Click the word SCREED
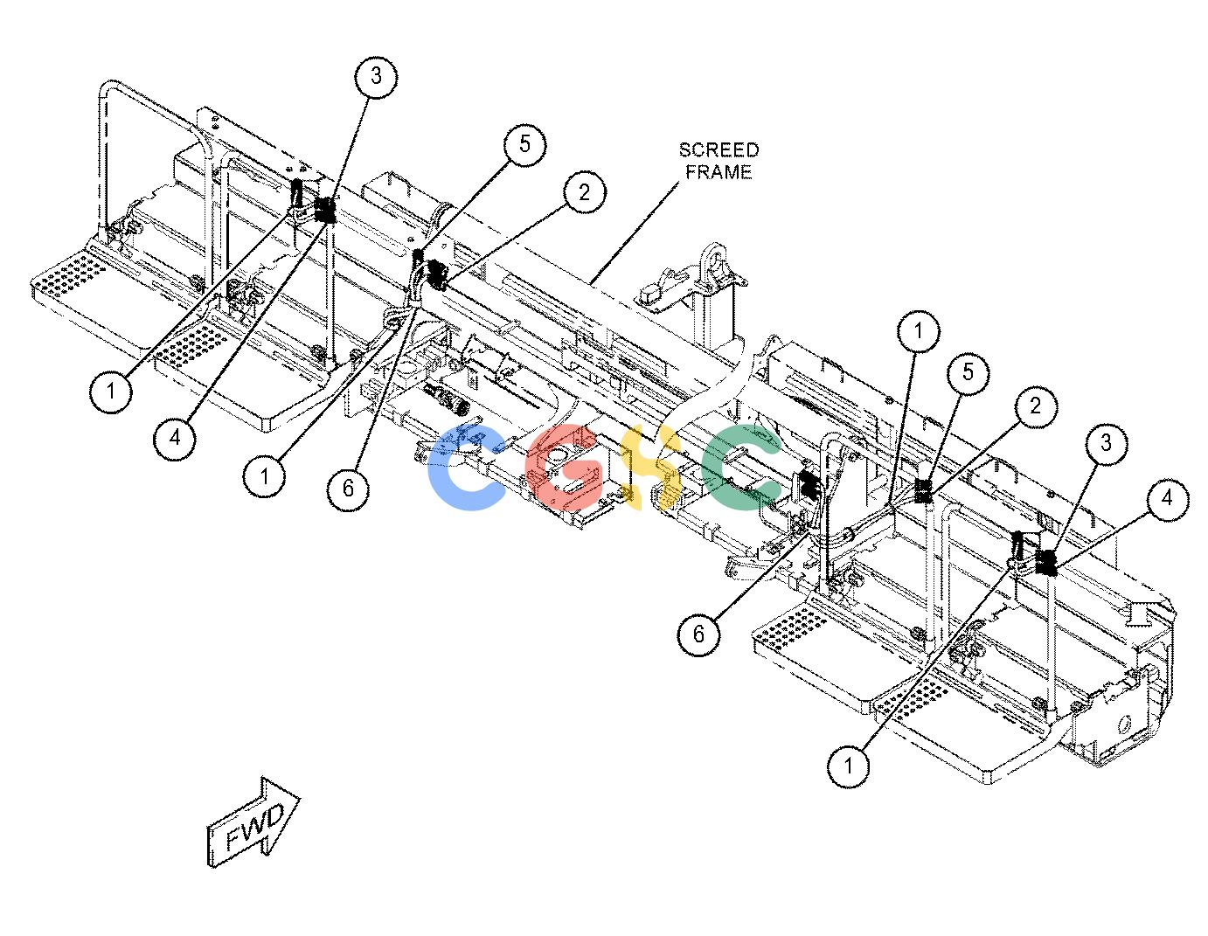(719, 150)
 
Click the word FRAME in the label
(719, 172)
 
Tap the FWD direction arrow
(253, 823)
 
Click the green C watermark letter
(742, 467)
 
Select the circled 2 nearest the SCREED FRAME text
(584, 192)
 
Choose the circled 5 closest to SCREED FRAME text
(524, 144)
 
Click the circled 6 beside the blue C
(348, 489)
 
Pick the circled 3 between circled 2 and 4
(1106, 443)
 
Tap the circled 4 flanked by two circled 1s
(175, 439)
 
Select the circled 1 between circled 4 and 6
(264, 476)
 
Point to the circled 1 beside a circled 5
(919, 331)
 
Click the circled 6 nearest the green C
(698, 634)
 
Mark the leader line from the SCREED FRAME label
(635, 232)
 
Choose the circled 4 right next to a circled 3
(1167, 498)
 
